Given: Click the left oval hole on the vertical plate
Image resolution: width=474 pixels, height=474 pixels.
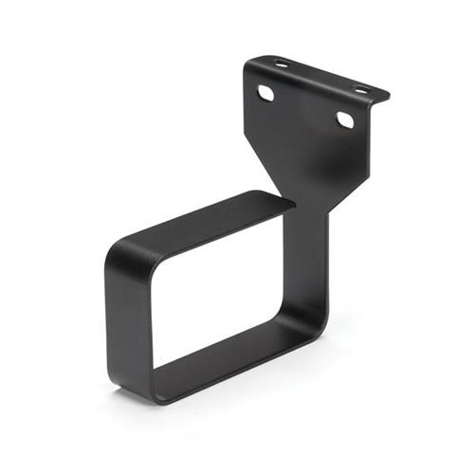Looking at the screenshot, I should point(266,93).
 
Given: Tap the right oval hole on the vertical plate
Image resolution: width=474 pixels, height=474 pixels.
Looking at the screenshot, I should point(345,120).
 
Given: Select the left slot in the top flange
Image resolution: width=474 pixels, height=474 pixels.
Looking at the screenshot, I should point(282,64).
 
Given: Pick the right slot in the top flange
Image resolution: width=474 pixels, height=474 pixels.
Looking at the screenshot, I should point(360,89).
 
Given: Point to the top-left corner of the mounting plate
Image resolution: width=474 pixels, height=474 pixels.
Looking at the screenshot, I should point(247,64).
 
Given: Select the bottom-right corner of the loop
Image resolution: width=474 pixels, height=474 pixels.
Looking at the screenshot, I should point(318,327).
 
